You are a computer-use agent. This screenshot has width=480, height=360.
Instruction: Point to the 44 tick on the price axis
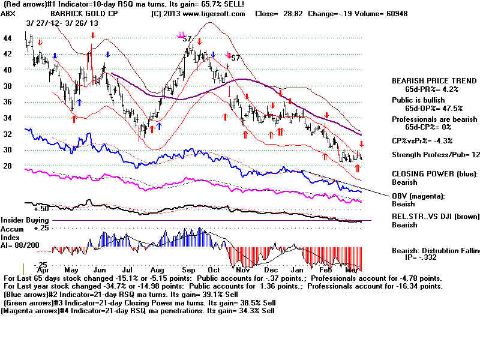tap(8, 38)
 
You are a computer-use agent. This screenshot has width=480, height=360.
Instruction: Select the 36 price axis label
tap(8, 102)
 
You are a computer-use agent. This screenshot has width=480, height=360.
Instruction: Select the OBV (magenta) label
tap(421, 196)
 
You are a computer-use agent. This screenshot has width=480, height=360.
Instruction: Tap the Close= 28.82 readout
tap(280, 13)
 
